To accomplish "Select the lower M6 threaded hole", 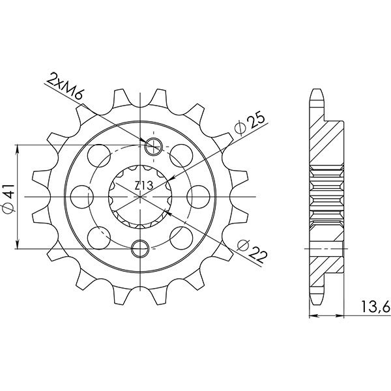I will pos(140,247).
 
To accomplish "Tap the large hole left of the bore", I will pos(81,194).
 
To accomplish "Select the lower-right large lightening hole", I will pos(180,233).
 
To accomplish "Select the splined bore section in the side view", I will pos(326,195).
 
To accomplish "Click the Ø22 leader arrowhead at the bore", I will pos(169,212).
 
